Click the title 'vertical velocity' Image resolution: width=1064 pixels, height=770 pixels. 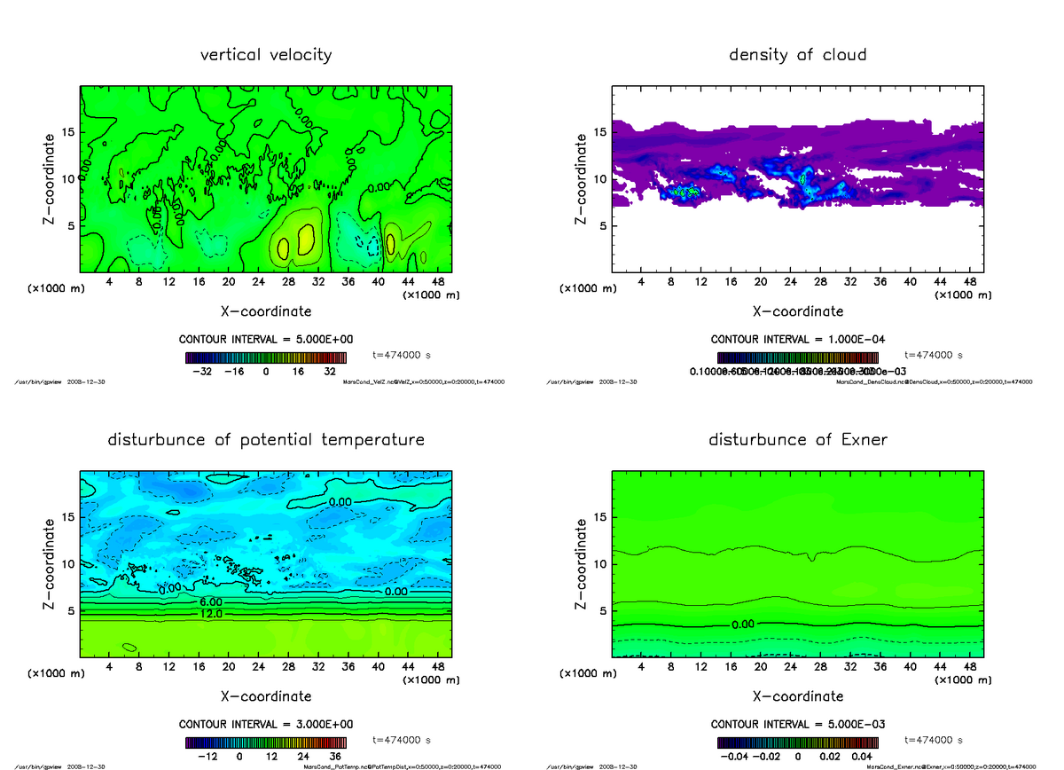click(266, 55)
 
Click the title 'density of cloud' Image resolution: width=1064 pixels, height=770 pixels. click(797, 55)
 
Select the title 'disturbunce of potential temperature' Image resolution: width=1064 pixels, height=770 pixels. click(266, 440)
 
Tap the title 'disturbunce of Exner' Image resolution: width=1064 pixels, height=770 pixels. click(797, 440)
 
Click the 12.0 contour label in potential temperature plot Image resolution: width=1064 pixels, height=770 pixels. click(211, 613)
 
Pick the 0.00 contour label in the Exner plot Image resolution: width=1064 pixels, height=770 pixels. click(743, 625)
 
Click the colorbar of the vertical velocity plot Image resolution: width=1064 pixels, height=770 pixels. click(265, 357)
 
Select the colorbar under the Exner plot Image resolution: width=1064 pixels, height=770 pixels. click(797, 742)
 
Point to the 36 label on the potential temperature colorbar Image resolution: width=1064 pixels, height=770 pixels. click(334, 758)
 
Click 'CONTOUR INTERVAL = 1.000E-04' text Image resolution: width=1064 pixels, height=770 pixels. click(797, 340)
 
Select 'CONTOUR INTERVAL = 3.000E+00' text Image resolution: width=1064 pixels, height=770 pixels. click(265, 725)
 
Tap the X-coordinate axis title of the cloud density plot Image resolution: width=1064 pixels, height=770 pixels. click(797, 311)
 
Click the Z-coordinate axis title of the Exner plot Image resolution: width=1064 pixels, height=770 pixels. click(581, 564)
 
